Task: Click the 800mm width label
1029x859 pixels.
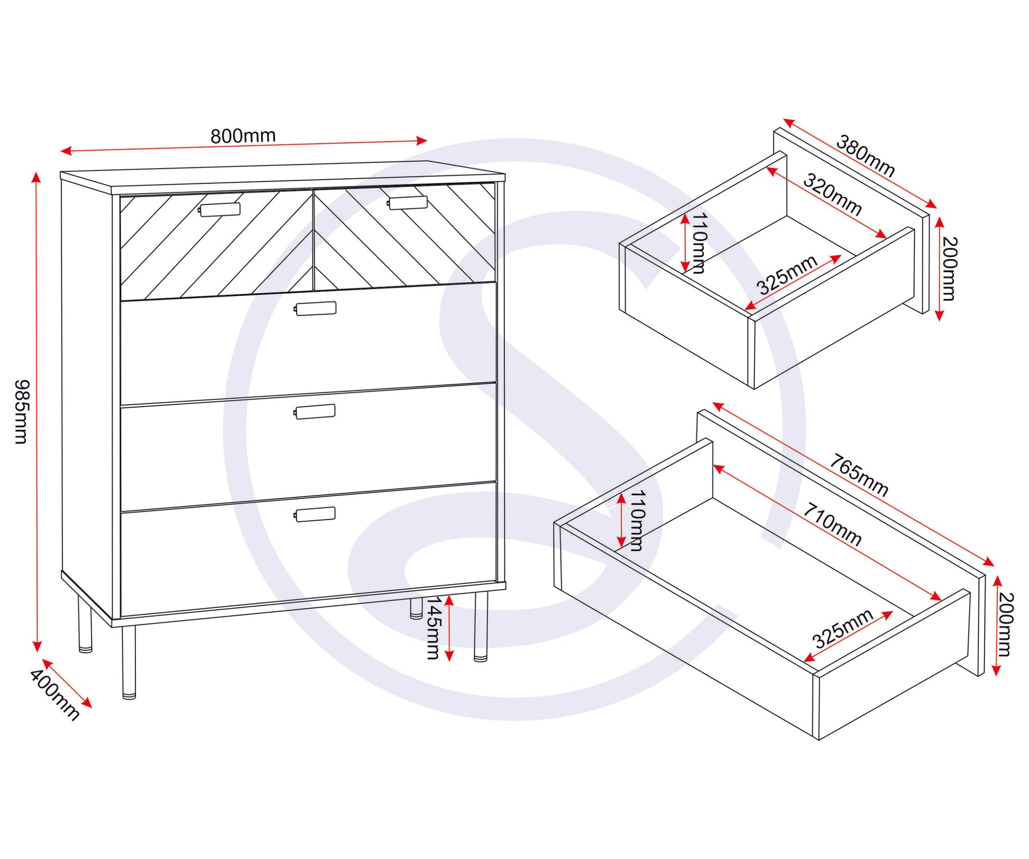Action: tap(243, 136)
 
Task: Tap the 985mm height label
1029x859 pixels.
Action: tap(22, 411)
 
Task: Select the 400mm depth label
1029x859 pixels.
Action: tap(54, 695)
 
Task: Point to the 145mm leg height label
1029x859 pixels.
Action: tap(434, 627)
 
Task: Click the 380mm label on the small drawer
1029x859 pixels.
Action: tap(866, 156)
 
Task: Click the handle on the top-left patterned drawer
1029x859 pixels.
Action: tap(219, 210)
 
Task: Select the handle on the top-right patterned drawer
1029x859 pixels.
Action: tap(407, 202)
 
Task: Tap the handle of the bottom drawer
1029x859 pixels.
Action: tap(315, 514)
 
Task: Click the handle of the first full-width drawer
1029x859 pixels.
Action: tap(316, 309)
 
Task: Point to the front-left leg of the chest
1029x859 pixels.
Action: tap(129, 663)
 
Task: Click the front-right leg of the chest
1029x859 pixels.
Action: tap(481, 627)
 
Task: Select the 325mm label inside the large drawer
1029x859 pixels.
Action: tap(843, 629)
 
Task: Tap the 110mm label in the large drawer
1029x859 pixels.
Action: tap(636, 521)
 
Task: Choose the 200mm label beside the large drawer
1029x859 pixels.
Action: tap(1006, 624)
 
